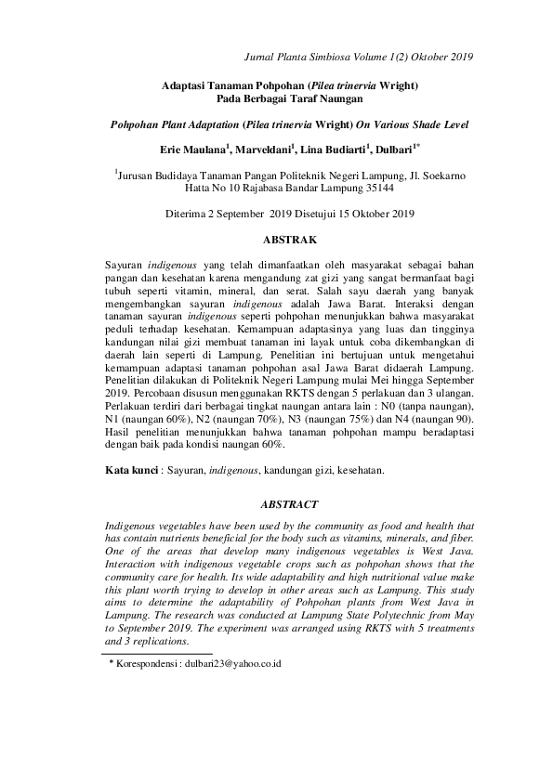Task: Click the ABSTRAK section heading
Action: coord(291,240)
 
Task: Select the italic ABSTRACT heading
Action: coord(290,504)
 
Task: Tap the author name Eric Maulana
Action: coord(194,149)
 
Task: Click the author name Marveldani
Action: coord(265,149)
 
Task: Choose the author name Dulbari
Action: coord(394,149)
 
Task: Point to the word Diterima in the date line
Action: coord(187,214)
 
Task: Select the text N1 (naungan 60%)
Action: coord(146,420)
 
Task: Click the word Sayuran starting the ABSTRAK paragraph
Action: coord(126,264)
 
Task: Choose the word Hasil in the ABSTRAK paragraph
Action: coord(119,433)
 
